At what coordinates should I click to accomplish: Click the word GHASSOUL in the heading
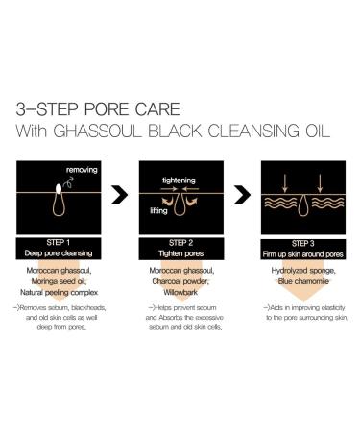click(x=97, y=131)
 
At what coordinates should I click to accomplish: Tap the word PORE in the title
click(x=107, y=109)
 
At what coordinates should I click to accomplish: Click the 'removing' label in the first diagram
click(x=82, y=170)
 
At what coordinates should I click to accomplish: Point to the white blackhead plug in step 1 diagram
click(x=59, y=189)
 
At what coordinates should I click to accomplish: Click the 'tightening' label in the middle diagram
click(x=179, y=180)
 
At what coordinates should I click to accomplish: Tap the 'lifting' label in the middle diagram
click(x=158, y=210)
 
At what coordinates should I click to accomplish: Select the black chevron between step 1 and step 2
click(x=120, y=194)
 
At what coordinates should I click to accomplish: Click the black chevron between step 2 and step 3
click(x=242, y=194)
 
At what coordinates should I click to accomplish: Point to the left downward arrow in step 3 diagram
click(x=285, y=183)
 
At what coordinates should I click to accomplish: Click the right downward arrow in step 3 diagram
click(x=320, y=183)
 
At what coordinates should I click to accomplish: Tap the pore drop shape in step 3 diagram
click(x=302, y=206)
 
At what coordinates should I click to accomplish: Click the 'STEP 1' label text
click(x=59, y=243)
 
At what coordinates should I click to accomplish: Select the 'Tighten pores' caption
click(x=181, y=253)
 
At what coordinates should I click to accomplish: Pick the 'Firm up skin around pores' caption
click(x=302, y=254)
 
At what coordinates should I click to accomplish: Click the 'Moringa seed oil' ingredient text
click(x=59, y=281)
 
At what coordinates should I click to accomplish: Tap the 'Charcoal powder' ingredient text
click(x=180, y=281)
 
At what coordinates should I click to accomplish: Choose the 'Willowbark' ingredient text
click(x=180, y=292)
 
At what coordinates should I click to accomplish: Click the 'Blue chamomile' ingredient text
click(x=303, y=281)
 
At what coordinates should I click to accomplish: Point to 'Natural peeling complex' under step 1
click(x=59, y=292)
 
